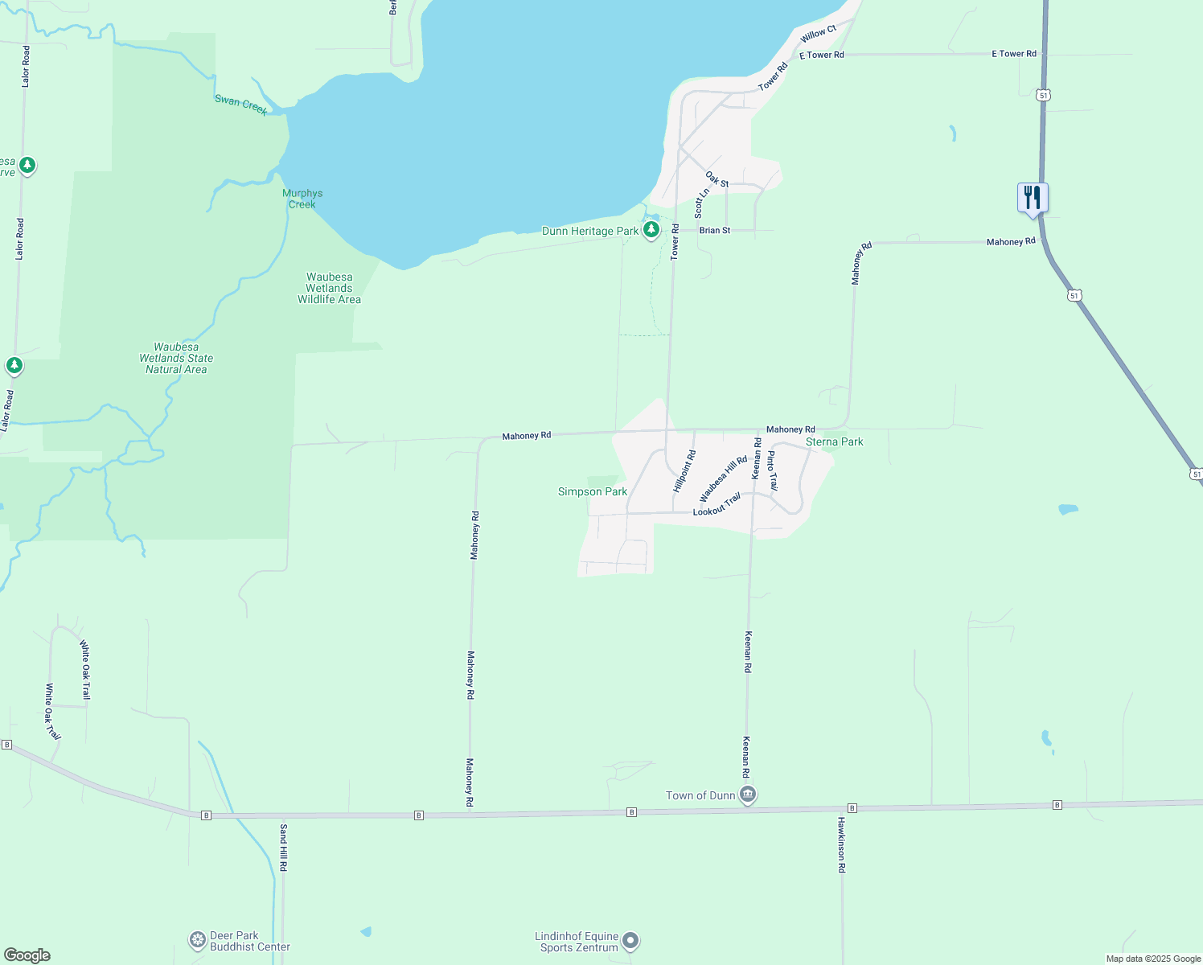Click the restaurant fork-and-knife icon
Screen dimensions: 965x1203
coord(1033,197)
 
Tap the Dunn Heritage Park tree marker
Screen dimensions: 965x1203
coord(651,231)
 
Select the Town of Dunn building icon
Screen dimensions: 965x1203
coord(748,795)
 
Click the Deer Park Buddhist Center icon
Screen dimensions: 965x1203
coord(198,940)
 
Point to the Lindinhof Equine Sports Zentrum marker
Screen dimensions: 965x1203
coord(631,940)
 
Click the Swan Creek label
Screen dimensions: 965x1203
coord(241,105)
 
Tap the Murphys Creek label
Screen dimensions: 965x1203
coord(302,199)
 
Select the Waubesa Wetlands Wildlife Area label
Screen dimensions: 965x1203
coord(329,288)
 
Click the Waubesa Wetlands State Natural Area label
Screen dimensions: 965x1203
coord(176,358)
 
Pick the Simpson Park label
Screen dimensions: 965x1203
coord(593,491)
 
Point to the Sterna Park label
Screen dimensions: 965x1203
coord(834,441)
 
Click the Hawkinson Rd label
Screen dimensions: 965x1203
coord(841,844)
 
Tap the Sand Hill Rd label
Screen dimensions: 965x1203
coord(283,848)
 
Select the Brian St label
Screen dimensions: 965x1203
coord(715,230)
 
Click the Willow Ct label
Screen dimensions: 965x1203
coord(819,34)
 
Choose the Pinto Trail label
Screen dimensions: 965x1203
coord(772,470)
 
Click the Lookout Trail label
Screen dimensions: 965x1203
coord(716,505)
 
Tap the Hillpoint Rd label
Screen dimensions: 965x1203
coord(684,471)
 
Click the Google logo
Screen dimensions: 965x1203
coord(27,955)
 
